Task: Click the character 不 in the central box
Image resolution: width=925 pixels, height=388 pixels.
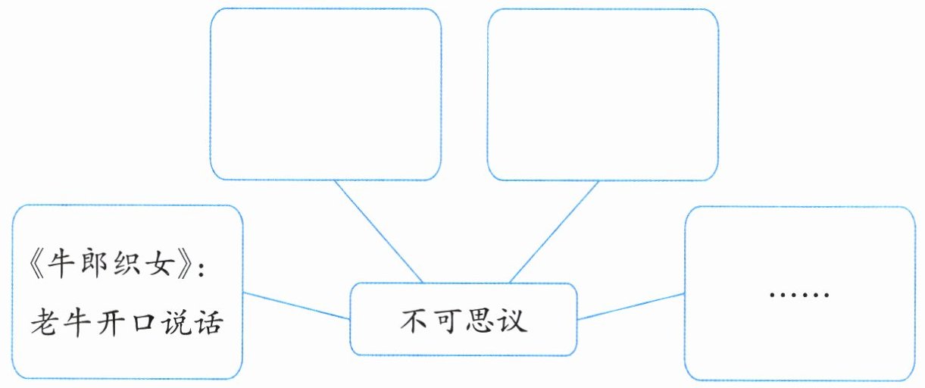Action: (x=414, y=321)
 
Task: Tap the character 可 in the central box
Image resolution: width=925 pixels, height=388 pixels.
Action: (x=447, y=321)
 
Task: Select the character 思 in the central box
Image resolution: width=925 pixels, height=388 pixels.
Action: (x=480, y=321)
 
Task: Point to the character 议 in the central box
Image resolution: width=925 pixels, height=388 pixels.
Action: (x=513, y=321)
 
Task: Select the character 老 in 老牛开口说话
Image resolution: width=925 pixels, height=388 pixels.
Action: (x=44, y=324)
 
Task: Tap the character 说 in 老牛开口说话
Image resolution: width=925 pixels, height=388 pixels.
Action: (x=179, y=324)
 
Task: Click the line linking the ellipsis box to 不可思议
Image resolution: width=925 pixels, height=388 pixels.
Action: (x=630, y=306)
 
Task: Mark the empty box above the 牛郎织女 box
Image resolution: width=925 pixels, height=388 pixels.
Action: (x=325, y=94)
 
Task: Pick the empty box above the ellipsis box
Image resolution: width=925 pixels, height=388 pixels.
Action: (x=602, y=94)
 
